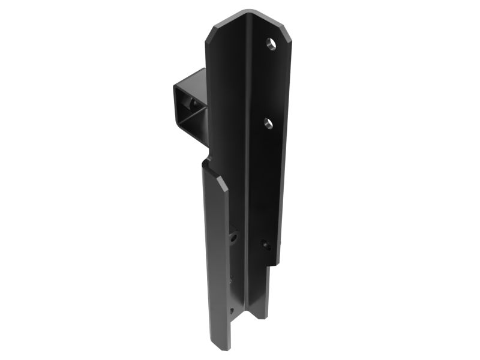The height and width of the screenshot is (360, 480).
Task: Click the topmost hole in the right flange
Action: (272, 44)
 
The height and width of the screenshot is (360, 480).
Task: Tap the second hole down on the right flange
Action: (268, 124)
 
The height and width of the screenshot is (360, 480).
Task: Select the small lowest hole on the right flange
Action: (265, 244)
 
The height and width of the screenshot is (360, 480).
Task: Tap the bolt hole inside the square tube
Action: (193, 105)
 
